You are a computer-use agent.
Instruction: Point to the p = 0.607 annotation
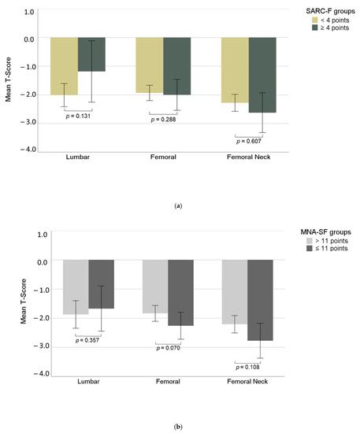coord(250,141)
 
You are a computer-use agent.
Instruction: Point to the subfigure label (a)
coord(179,205)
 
